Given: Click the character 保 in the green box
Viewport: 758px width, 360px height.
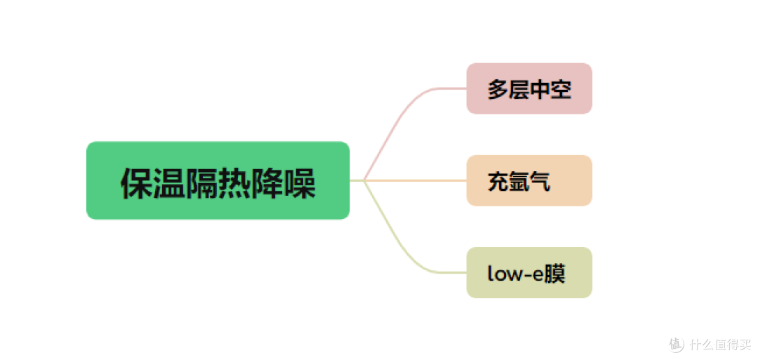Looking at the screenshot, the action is coord(137,184).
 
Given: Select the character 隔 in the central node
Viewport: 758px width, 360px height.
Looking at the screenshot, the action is coord(201,184).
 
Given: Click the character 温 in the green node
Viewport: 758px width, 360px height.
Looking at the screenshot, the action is coord(169,184).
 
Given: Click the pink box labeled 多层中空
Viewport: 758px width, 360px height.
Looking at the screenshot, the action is coord(529,88).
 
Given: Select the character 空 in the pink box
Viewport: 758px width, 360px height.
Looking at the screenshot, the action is coord(561,90).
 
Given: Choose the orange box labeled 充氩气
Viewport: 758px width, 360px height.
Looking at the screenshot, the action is coord(529,180).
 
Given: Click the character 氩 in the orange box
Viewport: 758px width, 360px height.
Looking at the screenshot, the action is coord(519,182).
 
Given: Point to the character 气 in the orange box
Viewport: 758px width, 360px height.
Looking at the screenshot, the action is coord(540,182).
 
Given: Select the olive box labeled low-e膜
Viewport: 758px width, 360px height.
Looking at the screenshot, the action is coord(529,272).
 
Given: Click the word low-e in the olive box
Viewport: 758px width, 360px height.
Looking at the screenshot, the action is coord(516,274).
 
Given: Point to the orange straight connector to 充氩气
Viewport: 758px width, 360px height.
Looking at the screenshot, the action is coord(415,180).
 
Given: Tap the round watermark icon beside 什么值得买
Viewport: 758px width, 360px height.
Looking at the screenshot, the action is coord(677,344).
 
